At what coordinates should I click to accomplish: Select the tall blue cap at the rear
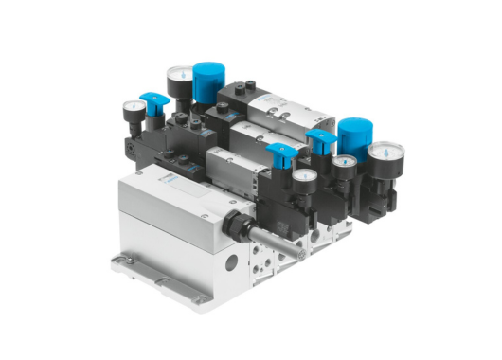[206, 80]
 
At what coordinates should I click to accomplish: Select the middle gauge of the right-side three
[342, 168]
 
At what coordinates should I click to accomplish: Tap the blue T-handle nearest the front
[281, 153]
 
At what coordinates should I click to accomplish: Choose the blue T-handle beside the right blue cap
[321, 141]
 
